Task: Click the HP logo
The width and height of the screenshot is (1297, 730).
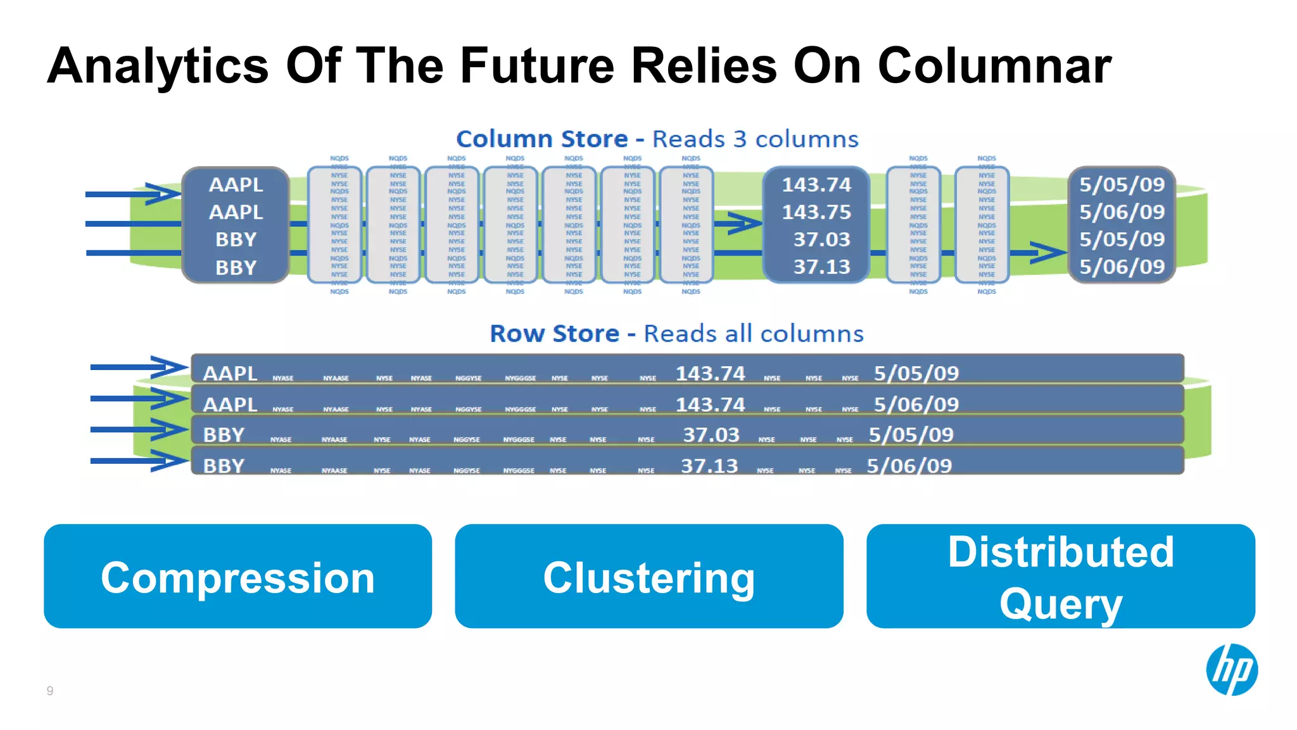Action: point(1231,670)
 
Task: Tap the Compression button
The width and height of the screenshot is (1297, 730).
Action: point(237,576)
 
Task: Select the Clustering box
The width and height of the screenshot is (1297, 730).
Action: point(648,576)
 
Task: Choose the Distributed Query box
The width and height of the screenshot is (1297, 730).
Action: point(1060,576)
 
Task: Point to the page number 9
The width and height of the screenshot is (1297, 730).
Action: point(50,691)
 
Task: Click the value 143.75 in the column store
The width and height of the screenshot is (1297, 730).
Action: point(816,212)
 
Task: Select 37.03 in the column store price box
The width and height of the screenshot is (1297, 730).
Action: point(821,240)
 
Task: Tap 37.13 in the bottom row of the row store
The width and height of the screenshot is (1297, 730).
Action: point(709,466)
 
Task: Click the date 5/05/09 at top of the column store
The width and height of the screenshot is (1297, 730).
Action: point(1122,184)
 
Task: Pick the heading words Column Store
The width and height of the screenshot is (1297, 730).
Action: point(541,139)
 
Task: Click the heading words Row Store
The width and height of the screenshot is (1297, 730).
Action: point(554,334)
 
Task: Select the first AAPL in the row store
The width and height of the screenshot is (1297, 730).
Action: point(230,373)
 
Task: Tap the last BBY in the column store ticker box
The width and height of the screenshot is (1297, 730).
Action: point(236,267)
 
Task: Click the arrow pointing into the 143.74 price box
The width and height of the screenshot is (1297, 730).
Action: point(738,223)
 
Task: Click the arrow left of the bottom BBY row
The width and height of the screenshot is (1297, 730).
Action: point(139,461)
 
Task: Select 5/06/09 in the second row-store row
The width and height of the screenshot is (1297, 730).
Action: point(916,404)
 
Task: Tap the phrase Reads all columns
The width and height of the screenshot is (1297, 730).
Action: point(753,334)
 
